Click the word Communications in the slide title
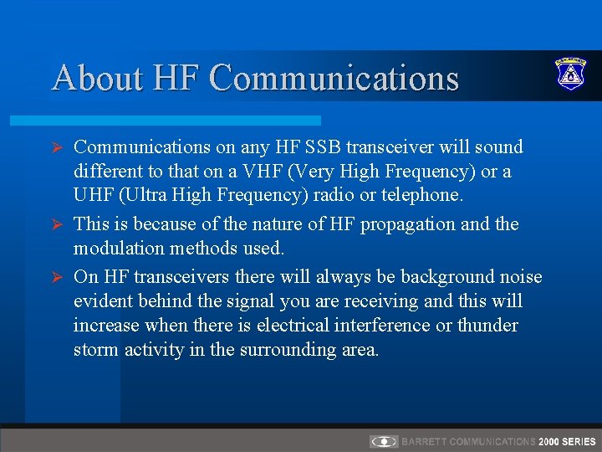click(x=334, y=78)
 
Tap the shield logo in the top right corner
click(x=571, y=74)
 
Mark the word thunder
click(x=488, y=326)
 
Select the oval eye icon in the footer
click(x=384, y=441)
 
